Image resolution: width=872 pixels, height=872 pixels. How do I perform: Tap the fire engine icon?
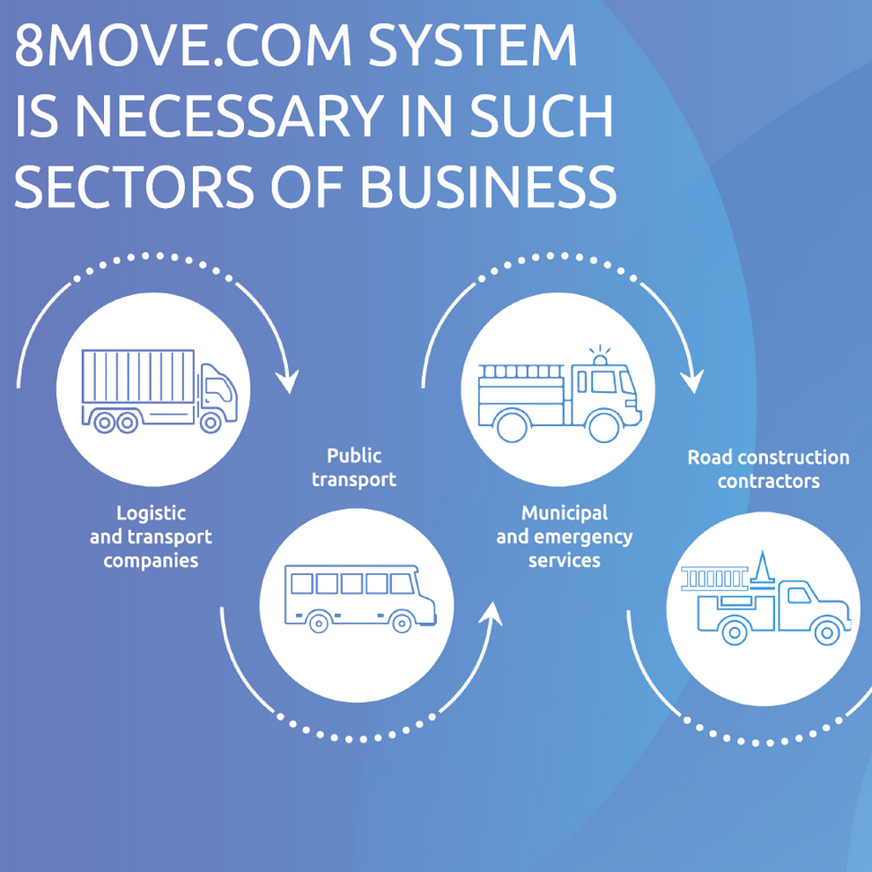(558, 393)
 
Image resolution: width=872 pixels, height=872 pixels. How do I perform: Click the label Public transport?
(354, 468)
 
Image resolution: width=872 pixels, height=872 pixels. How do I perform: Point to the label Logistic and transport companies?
(151, 536)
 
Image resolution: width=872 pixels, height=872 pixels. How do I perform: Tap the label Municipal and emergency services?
(564, 536)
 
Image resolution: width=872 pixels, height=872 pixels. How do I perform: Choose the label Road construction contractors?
(768, 469)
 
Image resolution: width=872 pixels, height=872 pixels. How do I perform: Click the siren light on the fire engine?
(601, 358)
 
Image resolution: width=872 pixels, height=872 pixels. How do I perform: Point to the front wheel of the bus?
(402, 623)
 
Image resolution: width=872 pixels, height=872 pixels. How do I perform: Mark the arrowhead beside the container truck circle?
(286, 381)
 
